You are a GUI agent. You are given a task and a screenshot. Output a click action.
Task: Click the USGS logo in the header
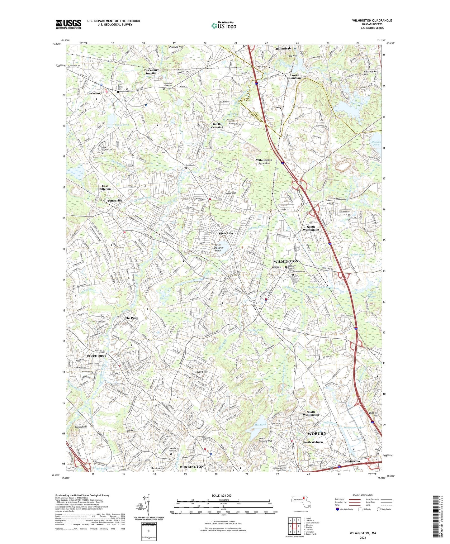point(69,24)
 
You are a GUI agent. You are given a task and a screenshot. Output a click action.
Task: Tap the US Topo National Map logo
point(224,25)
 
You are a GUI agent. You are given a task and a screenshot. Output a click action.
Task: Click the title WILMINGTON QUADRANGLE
point(372,21)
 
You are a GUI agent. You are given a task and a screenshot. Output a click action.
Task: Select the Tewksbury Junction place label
point(151,72)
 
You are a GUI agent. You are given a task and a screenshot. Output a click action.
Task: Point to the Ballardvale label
point(284,49)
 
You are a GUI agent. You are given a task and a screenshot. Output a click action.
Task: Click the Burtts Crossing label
point(217,126)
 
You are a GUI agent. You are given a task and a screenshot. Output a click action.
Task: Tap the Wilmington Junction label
point(264,161)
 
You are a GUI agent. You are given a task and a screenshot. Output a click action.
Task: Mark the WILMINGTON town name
point(286,261)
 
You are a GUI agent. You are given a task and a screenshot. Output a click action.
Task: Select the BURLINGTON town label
point(192,467)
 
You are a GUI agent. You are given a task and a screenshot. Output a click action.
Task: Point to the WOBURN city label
point(317,433)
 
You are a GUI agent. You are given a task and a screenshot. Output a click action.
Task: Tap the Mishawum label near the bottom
point(353,461)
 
